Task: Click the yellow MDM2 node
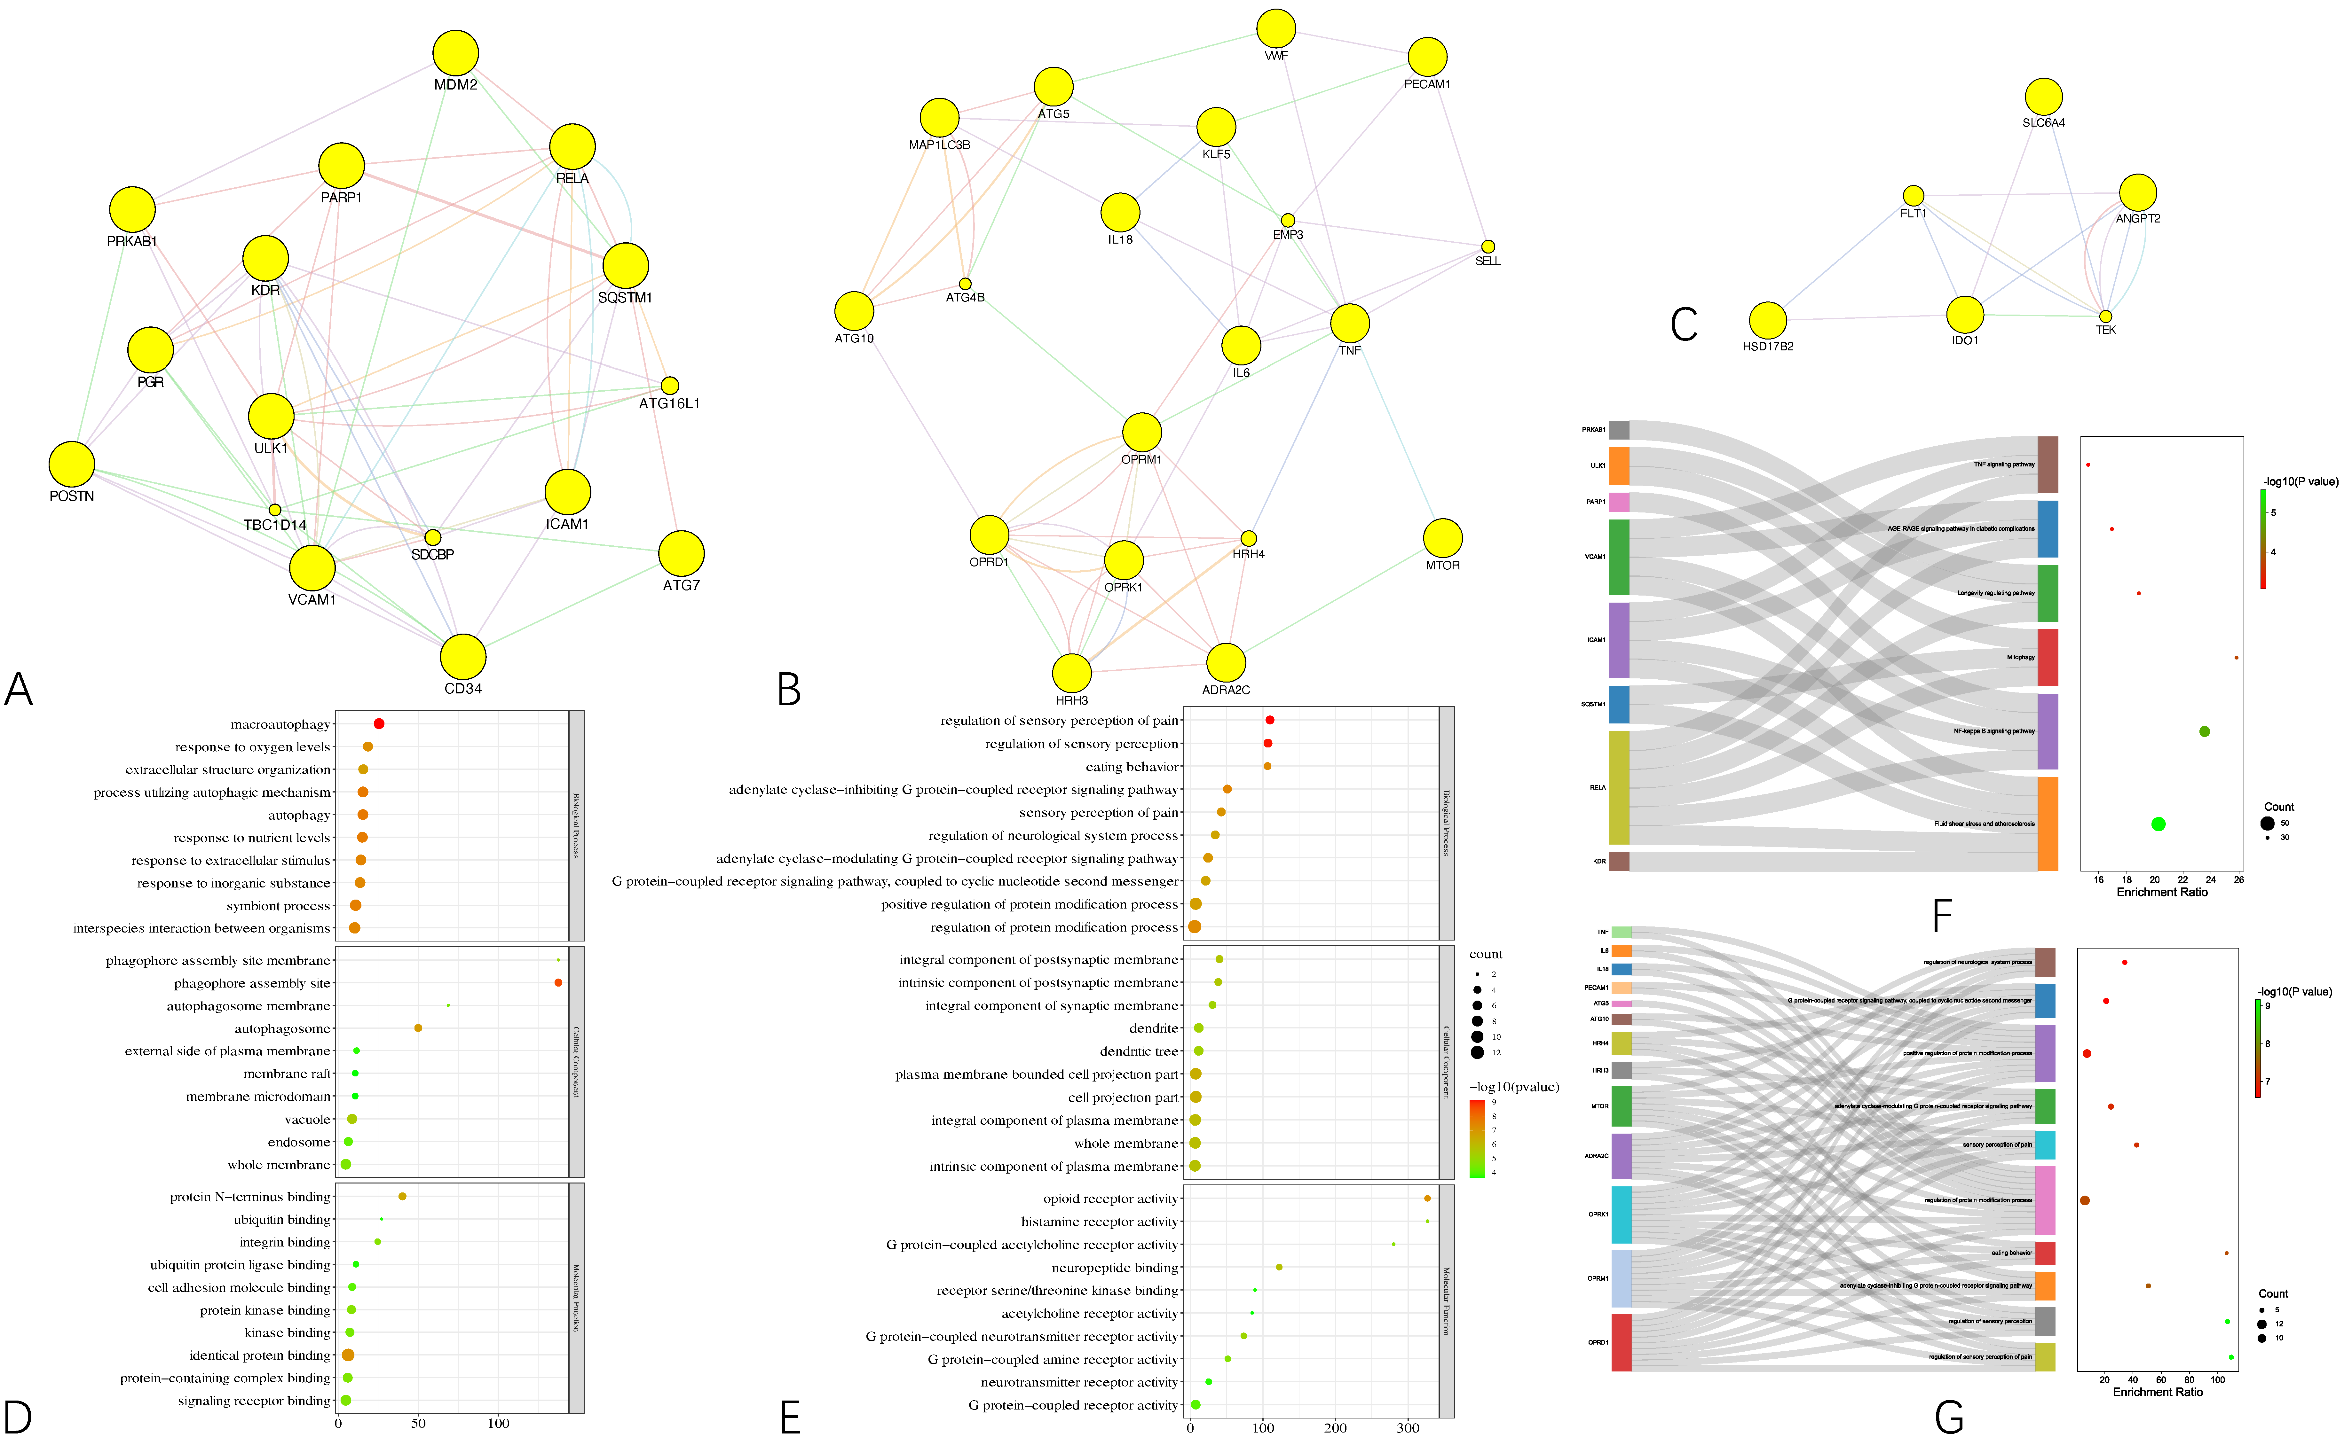(456, 53)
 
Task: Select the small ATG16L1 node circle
(670, 385)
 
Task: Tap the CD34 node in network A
(463, 656)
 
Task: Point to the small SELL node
(1488, 246)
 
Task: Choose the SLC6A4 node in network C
(2043, 97)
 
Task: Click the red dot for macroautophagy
(379, 724)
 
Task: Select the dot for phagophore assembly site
(558, 982)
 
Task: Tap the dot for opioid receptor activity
(1427, 1198)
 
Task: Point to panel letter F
(1942, 916)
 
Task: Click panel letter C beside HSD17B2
(1684, 324)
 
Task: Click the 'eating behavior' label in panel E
(1132, 767)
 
